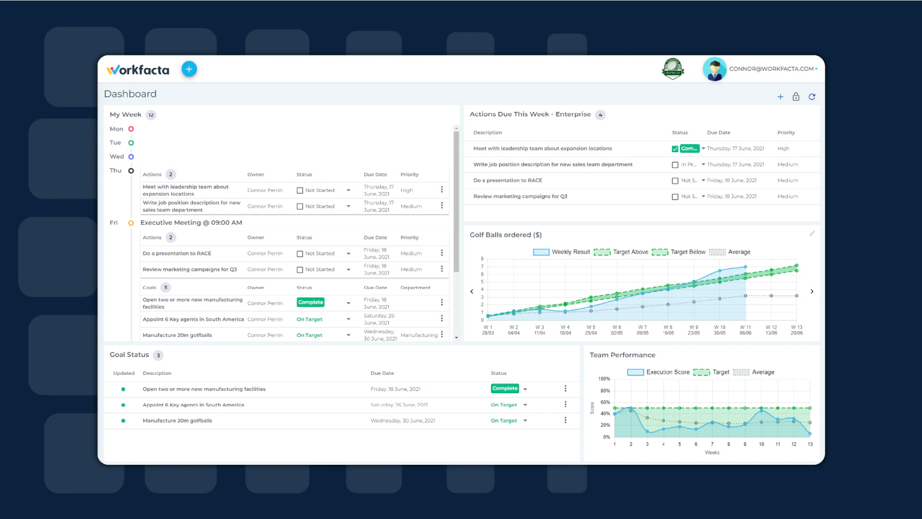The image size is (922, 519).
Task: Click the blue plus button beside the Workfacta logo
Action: (x=189, y=69)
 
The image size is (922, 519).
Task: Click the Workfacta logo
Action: (x=138, y=70)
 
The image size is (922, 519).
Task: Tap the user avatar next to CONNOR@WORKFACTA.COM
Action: (x=715, y=69)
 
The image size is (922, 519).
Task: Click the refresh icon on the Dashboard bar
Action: (x=812, y=97)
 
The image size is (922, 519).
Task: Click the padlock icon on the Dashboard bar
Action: (x=796, y=97)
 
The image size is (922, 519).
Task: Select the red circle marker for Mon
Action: (x=131, y=129)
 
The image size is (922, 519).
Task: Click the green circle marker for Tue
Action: (x=131, y=143)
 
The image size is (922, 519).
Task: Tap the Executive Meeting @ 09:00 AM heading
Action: (x=191, y=223)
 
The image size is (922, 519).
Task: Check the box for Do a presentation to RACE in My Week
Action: (x=300, y=254)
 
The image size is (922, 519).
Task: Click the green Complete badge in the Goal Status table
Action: (x=505, y=389)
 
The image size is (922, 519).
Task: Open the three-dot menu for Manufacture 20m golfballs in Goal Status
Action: (x=565, y=420)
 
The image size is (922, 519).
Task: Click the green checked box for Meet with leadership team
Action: (x=675, y=149)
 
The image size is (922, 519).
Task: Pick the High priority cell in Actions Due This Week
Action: (x=783, y=149)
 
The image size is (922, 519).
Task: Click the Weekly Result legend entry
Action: (x=562, y=252)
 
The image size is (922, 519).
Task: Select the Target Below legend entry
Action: (x=679, y=252)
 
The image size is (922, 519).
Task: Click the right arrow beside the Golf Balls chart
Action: (x=812, y=292)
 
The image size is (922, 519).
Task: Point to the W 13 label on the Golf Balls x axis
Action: (x=796, y=328)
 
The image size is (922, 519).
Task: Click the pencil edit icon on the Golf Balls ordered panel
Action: (x=812, y=234)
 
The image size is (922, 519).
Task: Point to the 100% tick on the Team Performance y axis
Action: (x=604, y=379)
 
